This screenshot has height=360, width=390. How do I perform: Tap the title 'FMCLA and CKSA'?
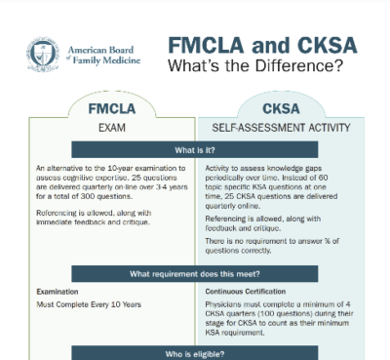pyautogui.click(x=261, y=46)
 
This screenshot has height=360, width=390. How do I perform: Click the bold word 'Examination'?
pyautogui.click(x=58, y=292)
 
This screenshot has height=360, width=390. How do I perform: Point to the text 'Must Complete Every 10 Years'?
pyautogui.click(x=89, y=305)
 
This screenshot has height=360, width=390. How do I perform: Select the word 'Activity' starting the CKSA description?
pyautogui.click(x=220, y=169)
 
